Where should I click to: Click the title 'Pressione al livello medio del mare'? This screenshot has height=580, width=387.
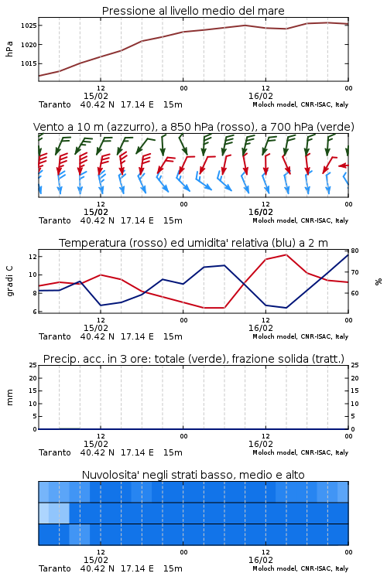(x=193, y=11)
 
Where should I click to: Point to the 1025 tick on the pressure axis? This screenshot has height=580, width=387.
(x=29, y=26)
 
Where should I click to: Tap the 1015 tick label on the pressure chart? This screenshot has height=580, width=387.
(x=29, y=63)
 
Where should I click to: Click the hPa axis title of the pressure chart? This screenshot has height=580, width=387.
(x=9, y=49)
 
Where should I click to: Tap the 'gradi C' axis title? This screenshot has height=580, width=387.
(x=10, y=281)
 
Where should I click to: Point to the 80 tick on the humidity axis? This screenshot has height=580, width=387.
(x=354, y=251)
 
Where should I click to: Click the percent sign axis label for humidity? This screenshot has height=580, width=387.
(x=378, y=281)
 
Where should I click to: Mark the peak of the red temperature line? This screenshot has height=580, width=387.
(x=286, y=254)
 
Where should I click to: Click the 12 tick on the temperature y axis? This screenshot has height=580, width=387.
(x=33, y=256)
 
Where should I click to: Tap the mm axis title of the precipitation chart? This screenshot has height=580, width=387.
(x=10, y=397)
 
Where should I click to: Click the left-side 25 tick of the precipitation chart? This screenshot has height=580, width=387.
(x=33, y=365)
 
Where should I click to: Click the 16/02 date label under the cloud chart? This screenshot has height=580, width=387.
(x=261, y=560)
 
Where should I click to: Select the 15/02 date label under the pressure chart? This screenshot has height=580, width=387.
(x=96, y=96)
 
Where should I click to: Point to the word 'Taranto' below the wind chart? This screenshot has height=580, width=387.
(x=55, y=221)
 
